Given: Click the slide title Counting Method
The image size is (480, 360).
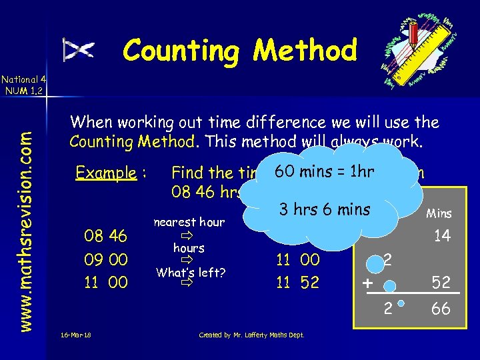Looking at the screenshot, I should coord(240,50).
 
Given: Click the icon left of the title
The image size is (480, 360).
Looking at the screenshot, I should coord(79,50).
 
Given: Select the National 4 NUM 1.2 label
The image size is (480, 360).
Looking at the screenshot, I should coord(22,85).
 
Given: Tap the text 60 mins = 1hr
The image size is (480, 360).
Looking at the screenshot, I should coord(333,171).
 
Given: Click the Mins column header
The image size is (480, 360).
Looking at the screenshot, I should coord(439,213).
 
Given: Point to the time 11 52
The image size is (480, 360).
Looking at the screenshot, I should coord(298,283).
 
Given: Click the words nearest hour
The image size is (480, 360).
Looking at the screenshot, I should coord(189,222).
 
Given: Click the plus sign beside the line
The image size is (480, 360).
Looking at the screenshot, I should coord(367,283).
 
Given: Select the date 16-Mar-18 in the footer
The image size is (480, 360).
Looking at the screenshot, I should coord(74,335).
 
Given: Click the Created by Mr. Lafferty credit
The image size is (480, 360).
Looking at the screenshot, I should coord(252,335).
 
